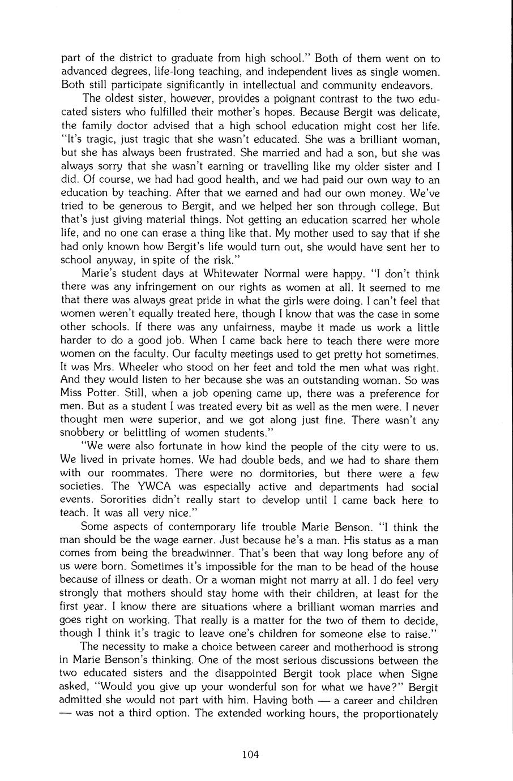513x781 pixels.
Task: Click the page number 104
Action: tap(250, 753)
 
